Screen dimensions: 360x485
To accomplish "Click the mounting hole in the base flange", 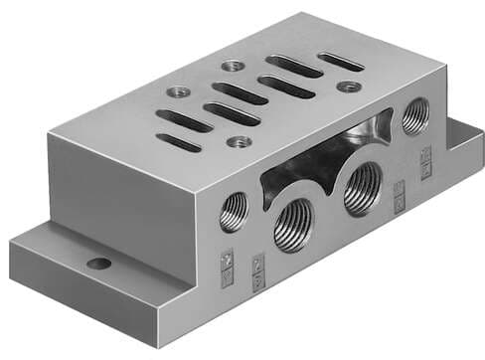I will pos(97,264).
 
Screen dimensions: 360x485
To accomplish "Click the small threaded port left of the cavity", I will pos(233,210).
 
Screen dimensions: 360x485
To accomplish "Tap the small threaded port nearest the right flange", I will pos(414,117).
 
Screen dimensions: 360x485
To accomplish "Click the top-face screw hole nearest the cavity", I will pos(237,141).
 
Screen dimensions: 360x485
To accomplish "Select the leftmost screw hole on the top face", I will pos(179,91).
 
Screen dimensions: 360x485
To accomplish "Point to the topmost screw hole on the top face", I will pos(234,66).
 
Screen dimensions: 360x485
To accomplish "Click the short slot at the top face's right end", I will pos(340,62).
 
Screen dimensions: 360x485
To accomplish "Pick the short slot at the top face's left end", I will pos(179,141).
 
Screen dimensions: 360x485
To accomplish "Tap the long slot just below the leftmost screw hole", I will pos(184,120).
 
